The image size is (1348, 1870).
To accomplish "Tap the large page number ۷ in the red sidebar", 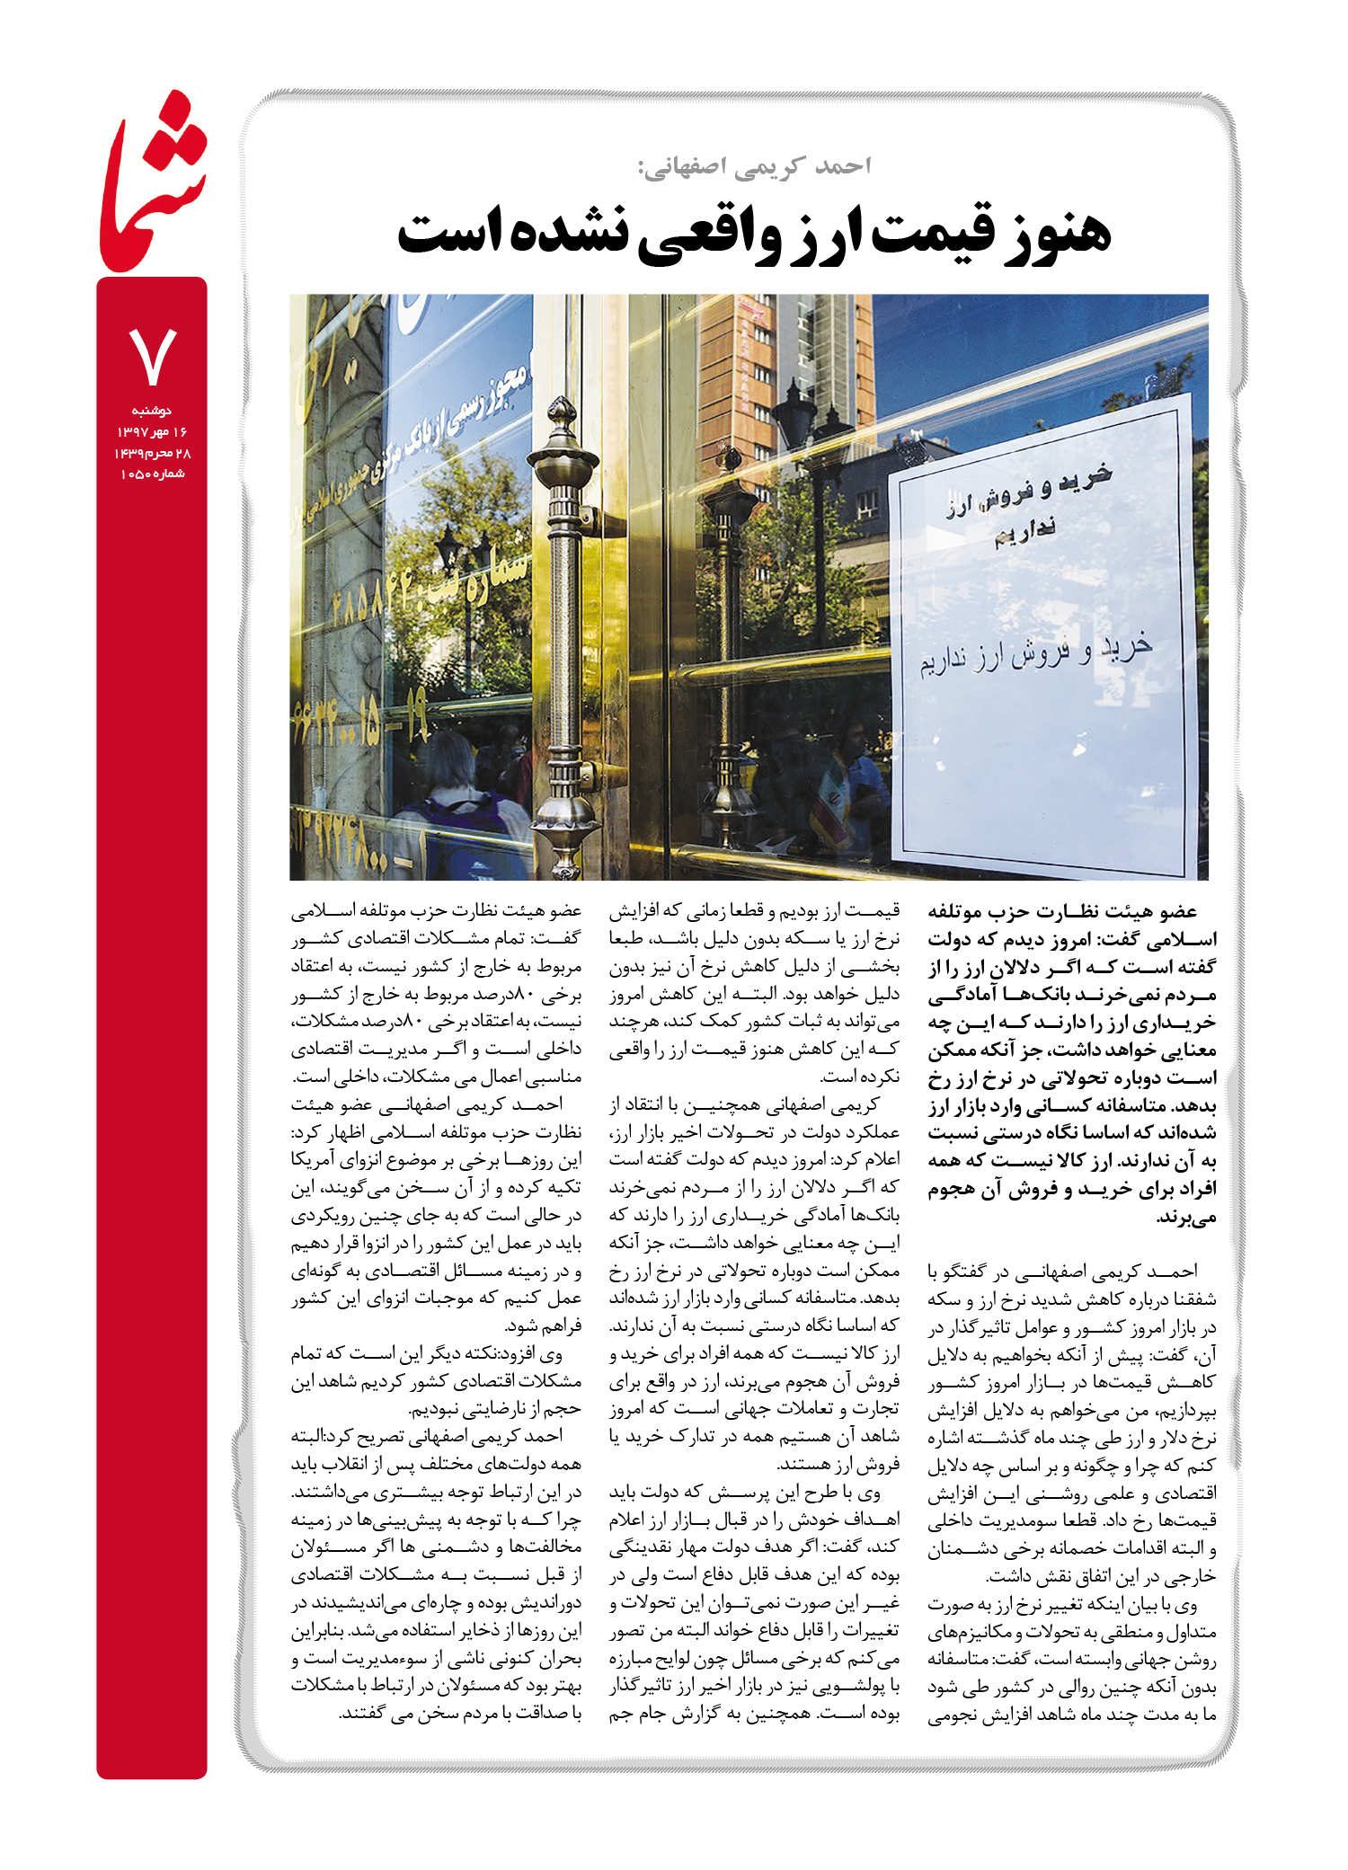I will coord(152,357).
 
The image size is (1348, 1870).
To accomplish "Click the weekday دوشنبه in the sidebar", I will coord(152,411).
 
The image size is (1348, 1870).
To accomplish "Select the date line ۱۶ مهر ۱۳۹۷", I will coord(152,432).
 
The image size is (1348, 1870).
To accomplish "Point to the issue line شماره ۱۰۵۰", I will coord(152,474).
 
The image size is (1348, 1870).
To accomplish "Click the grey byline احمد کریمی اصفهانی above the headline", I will coord(754,167).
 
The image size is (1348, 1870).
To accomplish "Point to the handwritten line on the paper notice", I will coord(1034,654).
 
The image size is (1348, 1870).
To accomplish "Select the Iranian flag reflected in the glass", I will coord(832,800).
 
